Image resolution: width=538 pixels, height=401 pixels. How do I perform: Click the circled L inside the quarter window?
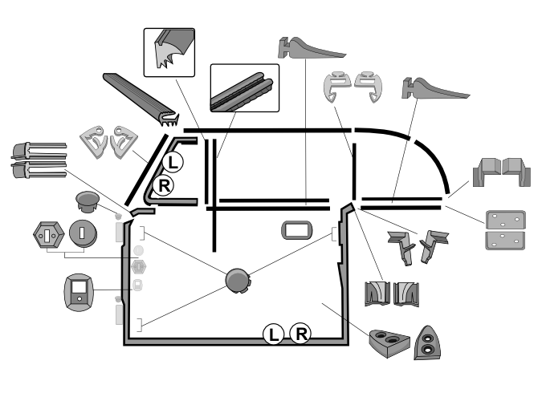[x=173, y=162]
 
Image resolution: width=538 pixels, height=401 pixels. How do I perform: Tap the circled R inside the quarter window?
[x=164, y=187]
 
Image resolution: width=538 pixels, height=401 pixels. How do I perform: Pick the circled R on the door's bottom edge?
[x=300, y=332]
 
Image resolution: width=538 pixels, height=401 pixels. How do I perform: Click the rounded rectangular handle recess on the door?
[x=295, y=231]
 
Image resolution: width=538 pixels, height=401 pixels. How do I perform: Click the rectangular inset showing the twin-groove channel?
[x=243, y=88]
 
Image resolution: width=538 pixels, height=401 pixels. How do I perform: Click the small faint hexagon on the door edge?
[x=138, y=265]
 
